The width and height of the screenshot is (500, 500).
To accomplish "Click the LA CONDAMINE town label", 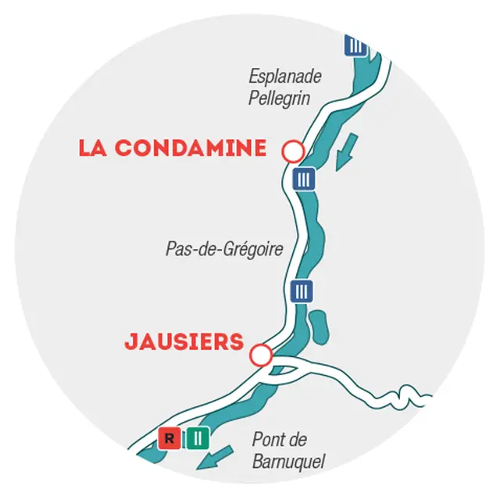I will click(172, 148).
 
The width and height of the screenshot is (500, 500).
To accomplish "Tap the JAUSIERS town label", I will click(184, 343).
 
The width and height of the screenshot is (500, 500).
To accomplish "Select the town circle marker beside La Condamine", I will click(293, 151).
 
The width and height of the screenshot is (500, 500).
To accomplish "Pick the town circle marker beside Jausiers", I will click(261, 356).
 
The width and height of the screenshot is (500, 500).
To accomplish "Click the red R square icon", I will click(170, 438).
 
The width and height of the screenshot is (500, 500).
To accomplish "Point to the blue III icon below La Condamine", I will click(304, 180).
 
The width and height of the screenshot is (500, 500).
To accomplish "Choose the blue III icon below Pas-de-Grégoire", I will click(300, 291).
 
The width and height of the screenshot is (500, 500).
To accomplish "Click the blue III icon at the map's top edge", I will click(355, 45).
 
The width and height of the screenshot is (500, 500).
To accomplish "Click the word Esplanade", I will click(285, 77).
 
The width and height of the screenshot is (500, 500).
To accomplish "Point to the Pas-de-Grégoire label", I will click(223, 249).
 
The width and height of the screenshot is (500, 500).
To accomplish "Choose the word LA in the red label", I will click(93, 148).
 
